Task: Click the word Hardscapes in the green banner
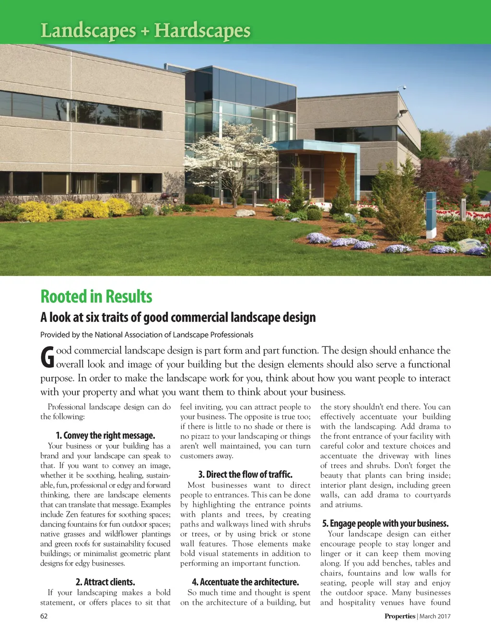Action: pos(202,31)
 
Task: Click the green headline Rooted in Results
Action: pos(96,296)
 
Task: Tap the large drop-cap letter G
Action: pos(47,357)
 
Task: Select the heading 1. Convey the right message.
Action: pos(105,436)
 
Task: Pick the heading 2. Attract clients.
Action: pos(105,582)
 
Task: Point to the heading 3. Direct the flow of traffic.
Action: pos(245,474)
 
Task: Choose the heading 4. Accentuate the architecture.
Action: pos(245,582)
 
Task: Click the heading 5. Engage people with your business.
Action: pos(385,523)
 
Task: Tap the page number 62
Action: pos(44,616)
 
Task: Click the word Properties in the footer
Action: pos(399,616)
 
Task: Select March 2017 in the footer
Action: pos(435,616)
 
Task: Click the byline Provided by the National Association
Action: pos(146,335)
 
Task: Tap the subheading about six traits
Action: pos(178,318)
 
